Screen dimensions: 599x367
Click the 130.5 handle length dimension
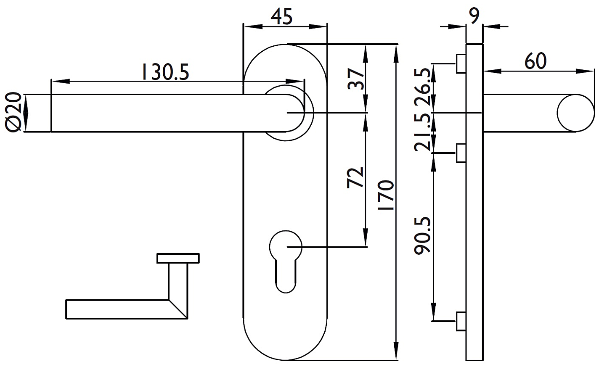pyautogui.click(x=165, y=72)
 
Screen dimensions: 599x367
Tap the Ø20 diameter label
pyautogui.click(x=13, y=113)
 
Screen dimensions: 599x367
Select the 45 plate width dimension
pyautogui.click(x=281, y=16)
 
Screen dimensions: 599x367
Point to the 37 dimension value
pyautogui.click(x=356, y=79)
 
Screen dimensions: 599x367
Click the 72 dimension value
pyautogui.click(x=355, y=178)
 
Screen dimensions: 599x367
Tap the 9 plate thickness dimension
pyautogui.click(x=474, y=16)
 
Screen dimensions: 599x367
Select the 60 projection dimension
pyautogui.click(x=535, y=61)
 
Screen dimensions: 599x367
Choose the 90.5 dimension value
pyautogui.click(x=422, y=235)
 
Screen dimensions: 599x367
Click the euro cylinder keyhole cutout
pyautogui.click(x=286, y=261)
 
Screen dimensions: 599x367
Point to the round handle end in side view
pyautogui.click(x=576, y=113)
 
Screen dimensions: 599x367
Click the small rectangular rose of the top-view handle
pyautogui.click(x=178, y=258)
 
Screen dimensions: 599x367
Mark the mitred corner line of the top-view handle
pyautogui.click(x=178, y=309)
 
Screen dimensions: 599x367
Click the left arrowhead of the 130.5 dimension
pyautogui.click(x=61, y=81)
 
